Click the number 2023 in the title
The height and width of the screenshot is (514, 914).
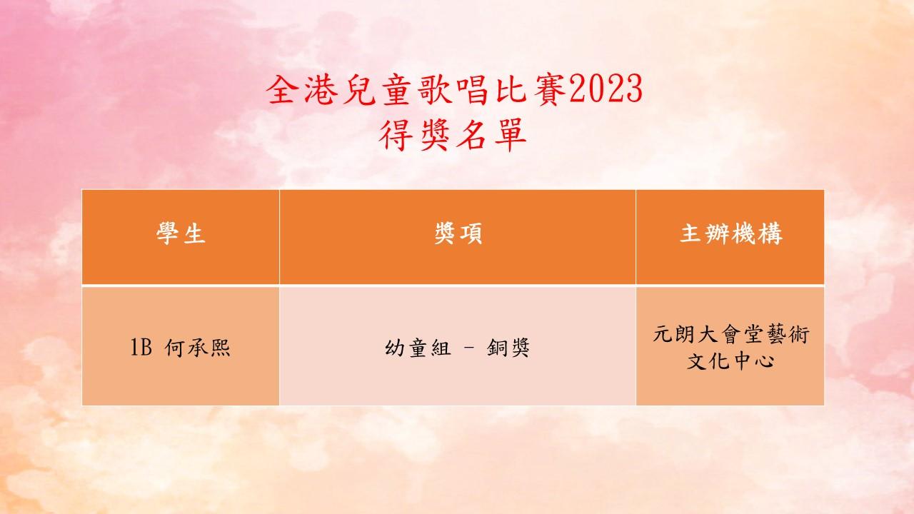pos(606,89)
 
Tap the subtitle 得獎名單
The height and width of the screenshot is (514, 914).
pos(453,135)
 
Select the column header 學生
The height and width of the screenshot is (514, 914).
pos(181,233)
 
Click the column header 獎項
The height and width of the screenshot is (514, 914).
pos(458,233)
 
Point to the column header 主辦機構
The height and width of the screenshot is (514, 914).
pos(731,233)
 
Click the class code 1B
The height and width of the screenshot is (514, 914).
pos(141,348)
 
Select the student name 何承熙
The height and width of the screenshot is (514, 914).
pos(198,348)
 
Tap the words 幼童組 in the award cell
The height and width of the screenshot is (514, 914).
pos(418,348)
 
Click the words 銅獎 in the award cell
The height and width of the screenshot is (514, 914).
pos(508,348)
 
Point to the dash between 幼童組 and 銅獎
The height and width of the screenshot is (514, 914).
pos(469,348)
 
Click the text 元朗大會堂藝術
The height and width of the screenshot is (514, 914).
pos(731,335)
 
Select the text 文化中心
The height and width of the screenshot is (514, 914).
pos(730,361)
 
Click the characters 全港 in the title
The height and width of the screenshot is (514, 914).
pos(302,90)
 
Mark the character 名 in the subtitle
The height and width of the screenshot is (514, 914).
pos(471,135)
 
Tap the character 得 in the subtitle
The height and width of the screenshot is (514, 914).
pos(395,135)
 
